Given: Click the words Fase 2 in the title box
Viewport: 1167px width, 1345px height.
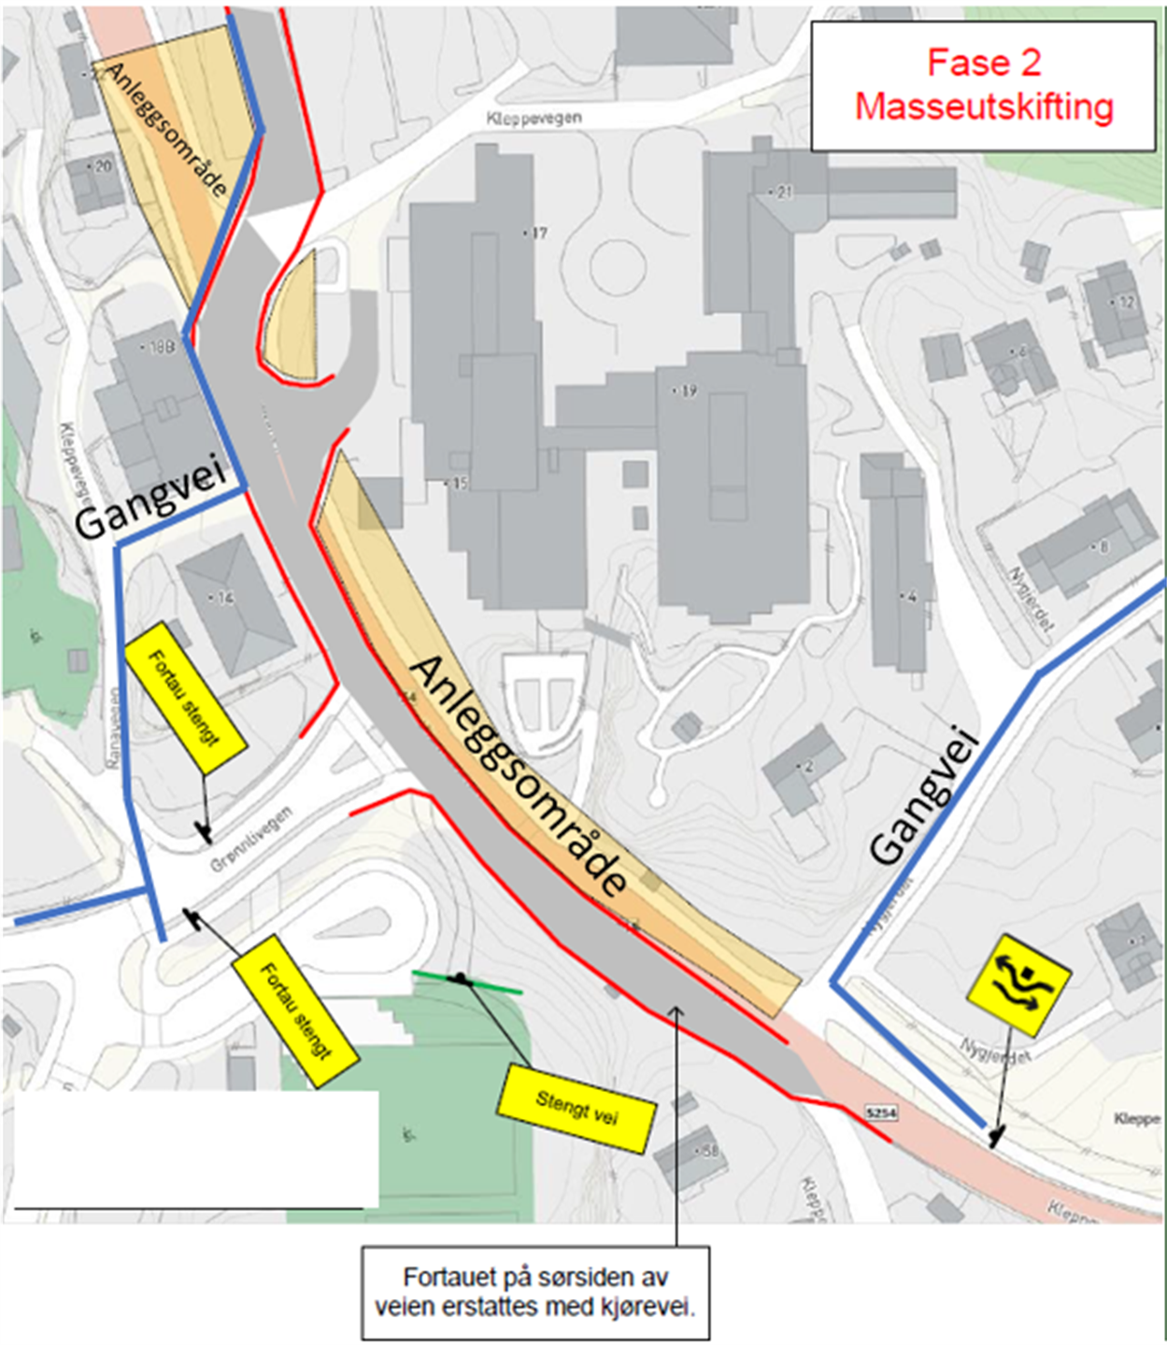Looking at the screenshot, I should tap(983, 64).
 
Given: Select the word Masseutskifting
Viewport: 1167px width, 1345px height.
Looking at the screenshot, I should tap(984, 106).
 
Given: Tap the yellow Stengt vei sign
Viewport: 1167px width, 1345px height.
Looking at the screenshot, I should tap(576, 1109).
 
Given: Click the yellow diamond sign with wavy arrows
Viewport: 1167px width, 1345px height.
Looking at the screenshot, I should tap(1018, 984).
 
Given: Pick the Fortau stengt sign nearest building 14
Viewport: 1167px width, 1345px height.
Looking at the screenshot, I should tap(184, 697).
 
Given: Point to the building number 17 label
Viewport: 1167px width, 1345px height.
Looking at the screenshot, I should tap(537, 233).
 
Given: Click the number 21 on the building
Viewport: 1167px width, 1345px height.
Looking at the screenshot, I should tap(783, 192).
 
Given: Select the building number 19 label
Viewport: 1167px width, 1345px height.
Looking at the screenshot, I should tap(687, 391).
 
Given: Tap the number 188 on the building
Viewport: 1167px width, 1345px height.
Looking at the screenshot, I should tap(161, 347).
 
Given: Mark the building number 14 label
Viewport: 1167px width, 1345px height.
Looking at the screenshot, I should tap(224, 598).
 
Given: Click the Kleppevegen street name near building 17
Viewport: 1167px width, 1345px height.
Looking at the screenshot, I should tap(534, 118).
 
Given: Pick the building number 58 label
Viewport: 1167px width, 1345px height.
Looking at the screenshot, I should tap(709, 1151).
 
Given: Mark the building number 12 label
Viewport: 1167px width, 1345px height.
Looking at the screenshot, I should tap(1126, 303).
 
